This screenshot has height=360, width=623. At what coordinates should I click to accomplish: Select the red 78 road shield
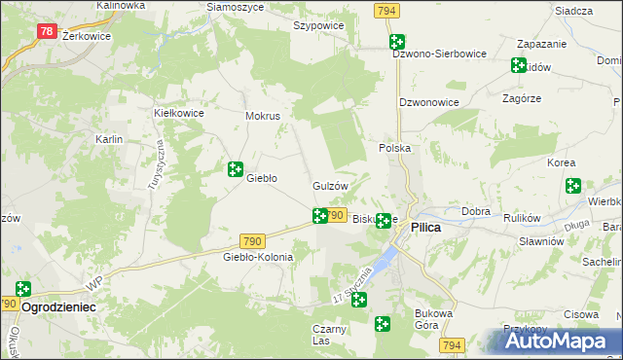[x=47, y=31]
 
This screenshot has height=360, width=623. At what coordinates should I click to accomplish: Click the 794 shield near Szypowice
[x=385, y=10]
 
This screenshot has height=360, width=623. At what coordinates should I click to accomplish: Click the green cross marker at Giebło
[x=235, y=169]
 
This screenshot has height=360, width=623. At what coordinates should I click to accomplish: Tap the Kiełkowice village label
[x=178, y=112]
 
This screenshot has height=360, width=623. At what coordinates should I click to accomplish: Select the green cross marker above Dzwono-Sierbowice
[x=397, y=42]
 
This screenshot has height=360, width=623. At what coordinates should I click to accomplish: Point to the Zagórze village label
[x=521, y=98]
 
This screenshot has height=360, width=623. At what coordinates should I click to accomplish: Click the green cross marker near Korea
[x=572, y=185]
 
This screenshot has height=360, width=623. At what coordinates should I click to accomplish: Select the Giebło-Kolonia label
[x=258, y=257]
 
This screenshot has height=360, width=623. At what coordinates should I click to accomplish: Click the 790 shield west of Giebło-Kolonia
[x=251, y=240]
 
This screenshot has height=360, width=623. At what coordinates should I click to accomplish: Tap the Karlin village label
[x=109, y=139]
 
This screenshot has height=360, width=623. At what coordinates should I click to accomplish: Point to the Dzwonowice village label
[x=429, y=101]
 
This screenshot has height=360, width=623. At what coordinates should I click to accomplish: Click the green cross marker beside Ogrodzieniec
[x=22, y=288]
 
